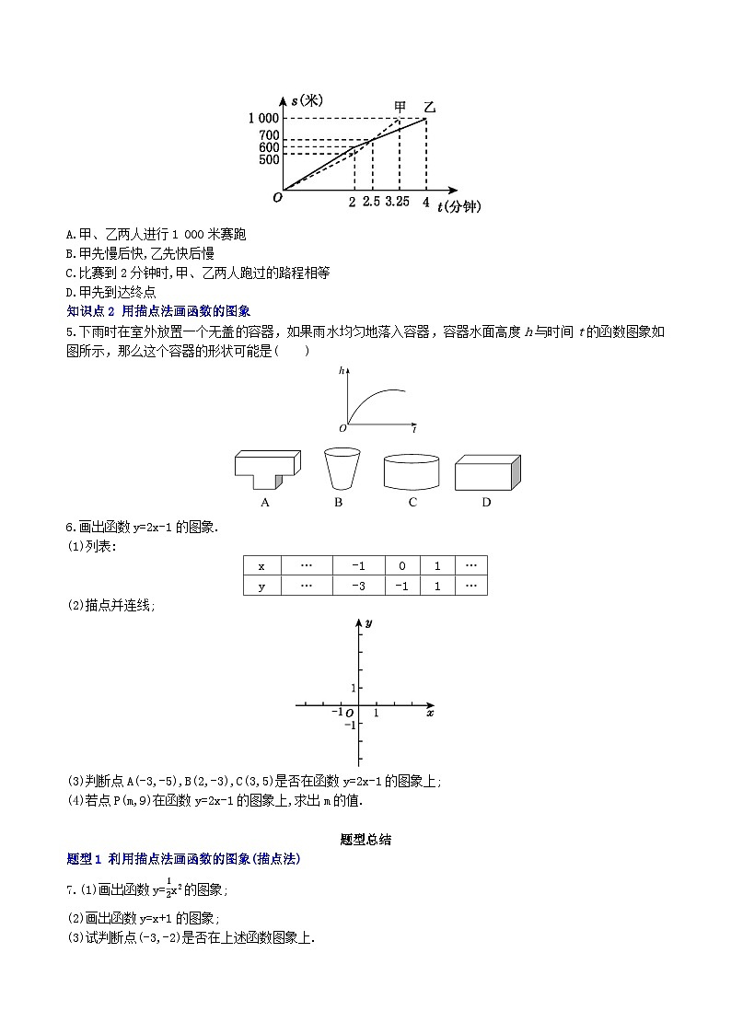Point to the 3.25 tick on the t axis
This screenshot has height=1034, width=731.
(x=398, y=202)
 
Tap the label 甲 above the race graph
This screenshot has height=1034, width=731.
(x=400, y=106)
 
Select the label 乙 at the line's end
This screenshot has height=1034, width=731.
(x=429, y=107)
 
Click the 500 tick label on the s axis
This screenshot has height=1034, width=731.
(x=268, y=159)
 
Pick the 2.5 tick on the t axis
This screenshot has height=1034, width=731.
(x=371, y=202)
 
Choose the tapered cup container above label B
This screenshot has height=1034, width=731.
(x=340, y=469)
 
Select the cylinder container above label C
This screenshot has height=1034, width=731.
(x=412, y=471)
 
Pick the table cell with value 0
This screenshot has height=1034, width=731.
(x=401, y=566)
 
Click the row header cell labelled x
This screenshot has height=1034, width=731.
(x=261, y=566)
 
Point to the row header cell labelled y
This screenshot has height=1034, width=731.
(x=261, y=586)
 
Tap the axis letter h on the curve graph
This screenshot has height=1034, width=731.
(x=342, y=370)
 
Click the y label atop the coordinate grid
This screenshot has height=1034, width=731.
(x=368, y=623)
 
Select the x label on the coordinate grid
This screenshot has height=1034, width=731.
(x=430, y=713)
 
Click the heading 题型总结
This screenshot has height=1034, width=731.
(x=365, y=839)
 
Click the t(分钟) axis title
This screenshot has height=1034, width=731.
(x=459, y=206)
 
